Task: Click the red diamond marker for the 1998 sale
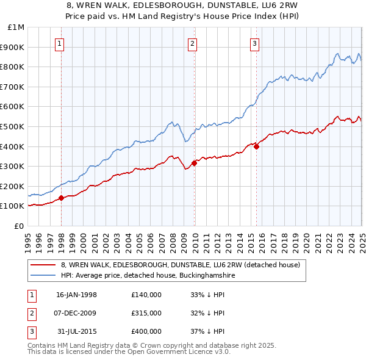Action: click(x=62, y=198)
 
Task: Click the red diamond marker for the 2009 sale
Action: click(x=194, y=163)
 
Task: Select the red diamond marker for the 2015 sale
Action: click(x=257, y=146)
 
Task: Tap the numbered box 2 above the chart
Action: click(x=193, y=43)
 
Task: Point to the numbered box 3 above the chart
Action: click(x=254, y=43)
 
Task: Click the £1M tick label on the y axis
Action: click(x=16, y=27)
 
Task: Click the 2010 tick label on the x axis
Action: click(x=195, y=240)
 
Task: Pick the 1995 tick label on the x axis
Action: click(x=28, y=240)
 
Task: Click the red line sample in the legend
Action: click(x=43, y=265)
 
